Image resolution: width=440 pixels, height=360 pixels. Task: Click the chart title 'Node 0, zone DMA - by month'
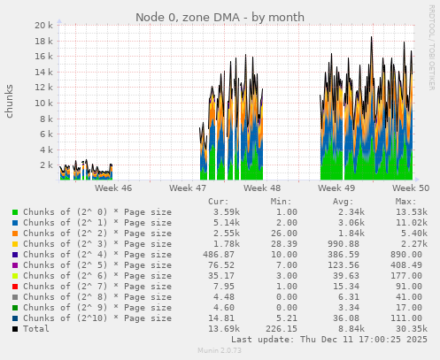coord(220,17)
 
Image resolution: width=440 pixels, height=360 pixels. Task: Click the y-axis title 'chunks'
coord(10,101)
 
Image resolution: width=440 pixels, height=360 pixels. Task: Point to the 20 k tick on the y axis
coord(43,26)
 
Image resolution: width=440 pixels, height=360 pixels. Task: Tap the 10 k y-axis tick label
coord(43,103)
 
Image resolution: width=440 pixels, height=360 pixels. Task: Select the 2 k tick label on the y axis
coord(47,165)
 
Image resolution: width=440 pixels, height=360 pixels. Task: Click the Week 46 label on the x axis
coord(113,188)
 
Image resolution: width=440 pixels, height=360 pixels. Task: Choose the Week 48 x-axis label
coord(262,188)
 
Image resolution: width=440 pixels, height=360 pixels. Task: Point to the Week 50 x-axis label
coord(411,188)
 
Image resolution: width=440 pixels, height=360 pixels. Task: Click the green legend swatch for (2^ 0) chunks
coord(15,212)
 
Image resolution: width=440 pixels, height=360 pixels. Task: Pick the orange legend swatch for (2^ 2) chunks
coord(15,234)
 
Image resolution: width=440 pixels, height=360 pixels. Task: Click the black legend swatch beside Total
coord(15,329)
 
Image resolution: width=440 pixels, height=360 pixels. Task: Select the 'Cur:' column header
coord(219,202)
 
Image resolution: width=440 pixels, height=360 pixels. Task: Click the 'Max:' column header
coord(407,202)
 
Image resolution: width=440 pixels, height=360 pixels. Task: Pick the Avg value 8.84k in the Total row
coord(351,329)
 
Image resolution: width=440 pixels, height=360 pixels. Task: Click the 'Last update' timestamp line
coord(328,339)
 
